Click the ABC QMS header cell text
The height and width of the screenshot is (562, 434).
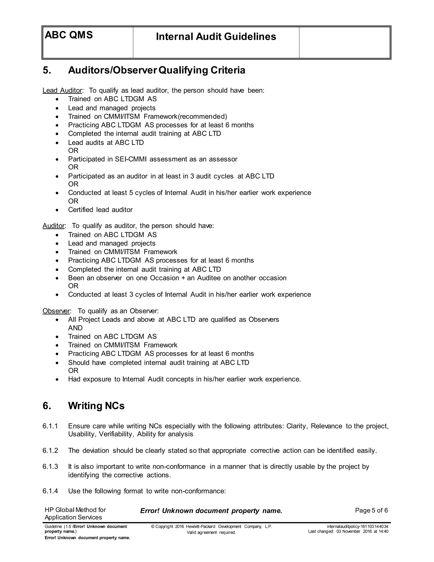tap(69, 35)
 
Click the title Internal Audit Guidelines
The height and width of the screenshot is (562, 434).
tap(216, 36)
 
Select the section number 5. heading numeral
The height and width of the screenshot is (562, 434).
tap(47, 70)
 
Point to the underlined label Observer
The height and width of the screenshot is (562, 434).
tap(56, 311)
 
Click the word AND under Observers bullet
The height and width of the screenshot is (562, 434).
tap(75, 328)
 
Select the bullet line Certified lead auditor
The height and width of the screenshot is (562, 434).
tap(100, 210)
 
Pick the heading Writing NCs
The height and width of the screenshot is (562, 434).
tap(96, 406)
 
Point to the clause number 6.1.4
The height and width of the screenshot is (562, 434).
tap(50, 491)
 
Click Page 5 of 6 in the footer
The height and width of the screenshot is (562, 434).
tap(371, 510)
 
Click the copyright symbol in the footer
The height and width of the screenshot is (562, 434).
tap(153, 527)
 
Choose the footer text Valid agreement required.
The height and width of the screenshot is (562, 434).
tap(211, 532)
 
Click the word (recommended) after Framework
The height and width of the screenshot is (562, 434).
tap(203, 117)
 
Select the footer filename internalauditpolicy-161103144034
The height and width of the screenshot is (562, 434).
tap(357, 527)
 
